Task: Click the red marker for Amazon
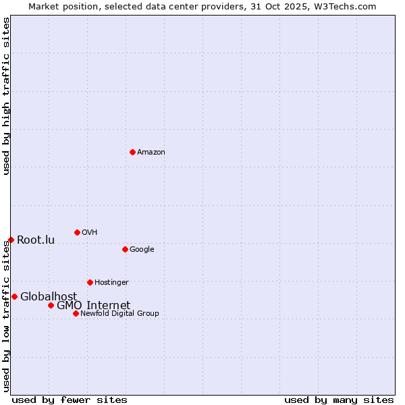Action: pyautogui.click(x=132, y=152)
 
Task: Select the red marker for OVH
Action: pyautogui.click(x=77, y=232)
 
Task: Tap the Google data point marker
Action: pyautogui.click(x=125, y=249)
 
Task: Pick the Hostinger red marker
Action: pyautogui.click(x=90, y=282)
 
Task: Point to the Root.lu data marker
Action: pyautogui.click(x=11, y=240)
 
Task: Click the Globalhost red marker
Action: pyautogui.click(x=14, y=296)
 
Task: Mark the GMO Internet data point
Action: pyautogui.click(x=51, y=305)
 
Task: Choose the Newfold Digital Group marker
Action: pyautogui.click(x=76, y=313)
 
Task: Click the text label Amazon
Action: pyautogui.click(x=151, y=153)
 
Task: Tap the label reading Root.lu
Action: pyautogui.click(x=36, y=240)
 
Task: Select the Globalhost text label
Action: pyautogui.click(x=49, y=297)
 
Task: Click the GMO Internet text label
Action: pyautogui.click(x=93, y=306)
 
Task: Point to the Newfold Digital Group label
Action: pyautogui.click(x=119, y=313)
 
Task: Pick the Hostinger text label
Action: pyautogui.click(x=111, y=282)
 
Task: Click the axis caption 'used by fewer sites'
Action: pyautogui.click(x=70, y=400)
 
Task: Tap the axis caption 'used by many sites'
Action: pyautogui.click(x=339, y=400)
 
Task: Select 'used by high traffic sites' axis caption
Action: pyautogui.click(x=6, y=96)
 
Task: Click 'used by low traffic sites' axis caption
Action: pyautogui.click(x=6, y=316)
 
